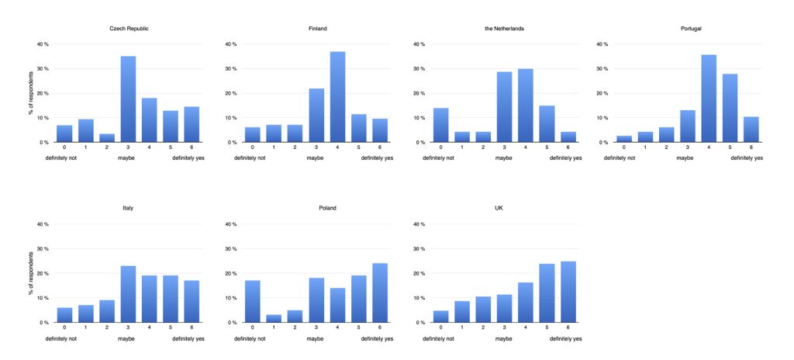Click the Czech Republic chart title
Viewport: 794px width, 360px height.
click(x=129, y=29)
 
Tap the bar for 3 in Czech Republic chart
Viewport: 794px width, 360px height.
click(x=128, y=99)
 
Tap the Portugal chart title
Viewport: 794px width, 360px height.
click(x=682, y=29)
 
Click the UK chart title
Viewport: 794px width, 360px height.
click(x=499, y=208)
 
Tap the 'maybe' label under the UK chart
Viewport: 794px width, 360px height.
click(x=504, y=337)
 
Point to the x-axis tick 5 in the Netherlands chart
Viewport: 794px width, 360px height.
click(x=546, y=148)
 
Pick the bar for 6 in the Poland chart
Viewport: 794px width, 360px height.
click(x=379, y=292)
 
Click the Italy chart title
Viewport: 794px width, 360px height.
click(x=127, y=208)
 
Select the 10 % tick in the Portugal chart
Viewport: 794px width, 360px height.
click(x=600, y=118)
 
